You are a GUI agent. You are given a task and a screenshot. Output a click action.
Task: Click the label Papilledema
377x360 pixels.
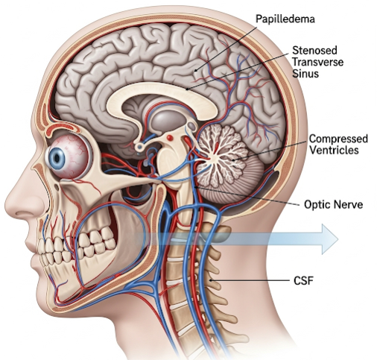coord(285,19)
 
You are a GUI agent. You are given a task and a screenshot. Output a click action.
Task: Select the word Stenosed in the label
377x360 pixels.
coord(314,51)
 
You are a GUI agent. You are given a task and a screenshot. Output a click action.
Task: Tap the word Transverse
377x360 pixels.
coord(317,62)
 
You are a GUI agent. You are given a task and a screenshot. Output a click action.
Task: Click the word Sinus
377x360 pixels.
coord(305,74)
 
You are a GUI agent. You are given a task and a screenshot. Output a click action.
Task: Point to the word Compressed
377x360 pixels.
coord(338,139)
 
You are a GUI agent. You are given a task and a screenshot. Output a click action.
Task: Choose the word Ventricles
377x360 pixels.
coord(335,150)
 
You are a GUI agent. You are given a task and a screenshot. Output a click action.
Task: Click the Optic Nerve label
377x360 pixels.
coord(333,205)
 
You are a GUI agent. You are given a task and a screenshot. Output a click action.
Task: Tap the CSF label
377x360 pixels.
coord(303,281)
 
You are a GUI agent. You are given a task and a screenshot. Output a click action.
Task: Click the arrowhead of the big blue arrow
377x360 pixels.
coord(330,239)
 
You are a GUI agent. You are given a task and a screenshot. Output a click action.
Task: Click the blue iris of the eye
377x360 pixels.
coord(57,158)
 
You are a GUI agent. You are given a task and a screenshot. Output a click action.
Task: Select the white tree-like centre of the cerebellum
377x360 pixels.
coord(218,155)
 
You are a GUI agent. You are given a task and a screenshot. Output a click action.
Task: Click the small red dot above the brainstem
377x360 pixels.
coord(170,137)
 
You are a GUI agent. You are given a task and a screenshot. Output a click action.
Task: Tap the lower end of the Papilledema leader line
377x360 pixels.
coord(195,71)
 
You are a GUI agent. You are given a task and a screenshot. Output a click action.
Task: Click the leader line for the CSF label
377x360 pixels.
coord(250,281)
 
